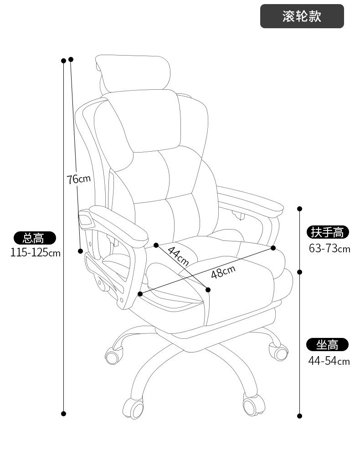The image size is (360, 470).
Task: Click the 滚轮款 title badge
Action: pos(302,16)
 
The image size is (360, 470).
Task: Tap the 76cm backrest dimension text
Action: pos(78,179)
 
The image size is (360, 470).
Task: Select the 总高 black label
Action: pos(35,238)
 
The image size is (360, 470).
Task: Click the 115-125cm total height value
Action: pos(36,253)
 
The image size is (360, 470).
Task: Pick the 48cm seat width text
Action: pos(223,271)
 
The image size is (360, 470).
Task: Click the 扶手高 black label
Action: pos(328,232)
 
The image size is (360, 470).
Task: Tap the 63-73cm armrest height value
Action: pos(329,249)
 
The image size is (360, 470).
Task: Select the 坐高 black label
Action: pos(327,345)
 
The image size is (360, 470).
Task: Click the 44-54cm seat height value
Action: pos(329,361)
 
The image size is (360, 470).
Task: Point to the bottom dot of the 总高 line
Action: pos(64,414)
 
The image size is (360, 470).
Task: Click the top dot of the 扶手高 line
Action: pos(299,209)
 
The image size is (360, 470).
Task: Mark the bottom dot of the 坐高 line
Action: pos(299,416)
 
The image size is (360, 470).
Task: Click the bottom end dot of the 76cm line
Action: pos(80,251)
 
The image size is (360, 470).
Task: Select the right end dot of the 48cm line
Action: pos(273,248)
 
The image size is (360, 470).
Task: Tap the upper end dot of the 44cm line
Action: pos(156,245)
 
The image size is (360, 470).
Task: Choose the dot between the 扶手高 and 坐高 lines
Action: pos(299,272)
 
